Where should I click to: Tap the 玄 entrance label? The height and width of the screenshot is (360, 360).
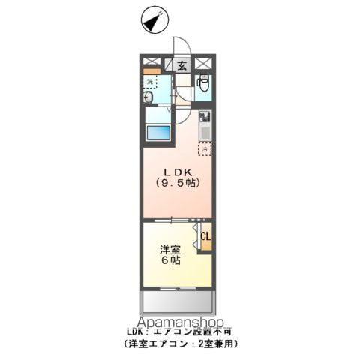[182, 65]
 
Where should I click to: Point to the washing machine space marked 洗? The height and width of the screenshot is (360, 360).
[151, 81]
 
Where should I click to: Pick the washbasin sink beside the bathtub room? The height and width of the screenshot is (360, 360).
[148, 97]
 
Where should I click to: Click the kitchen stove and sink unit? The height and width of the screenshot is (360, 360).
[204, 125]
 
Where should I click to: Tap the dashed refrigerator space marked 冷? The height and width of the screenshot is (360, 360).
[204, 149]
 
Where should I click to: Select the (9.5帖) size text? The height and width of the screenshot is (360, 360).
[177, 183]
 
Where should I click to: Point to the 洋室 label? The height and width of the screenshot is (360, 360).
[168, 248]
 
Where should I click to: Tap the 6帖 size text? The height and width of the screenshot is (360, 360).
[169, 261]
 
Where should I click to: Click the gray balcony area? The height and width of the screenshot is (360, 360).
[178, 303]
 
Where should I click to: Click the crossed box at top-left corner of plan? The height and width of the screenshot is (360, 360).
[149, 64]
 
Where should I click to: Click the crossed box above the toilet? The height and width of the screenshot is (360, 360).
[203, 64]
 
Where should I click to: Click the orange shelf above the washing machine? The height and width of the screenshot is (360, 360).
[150, 71]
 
